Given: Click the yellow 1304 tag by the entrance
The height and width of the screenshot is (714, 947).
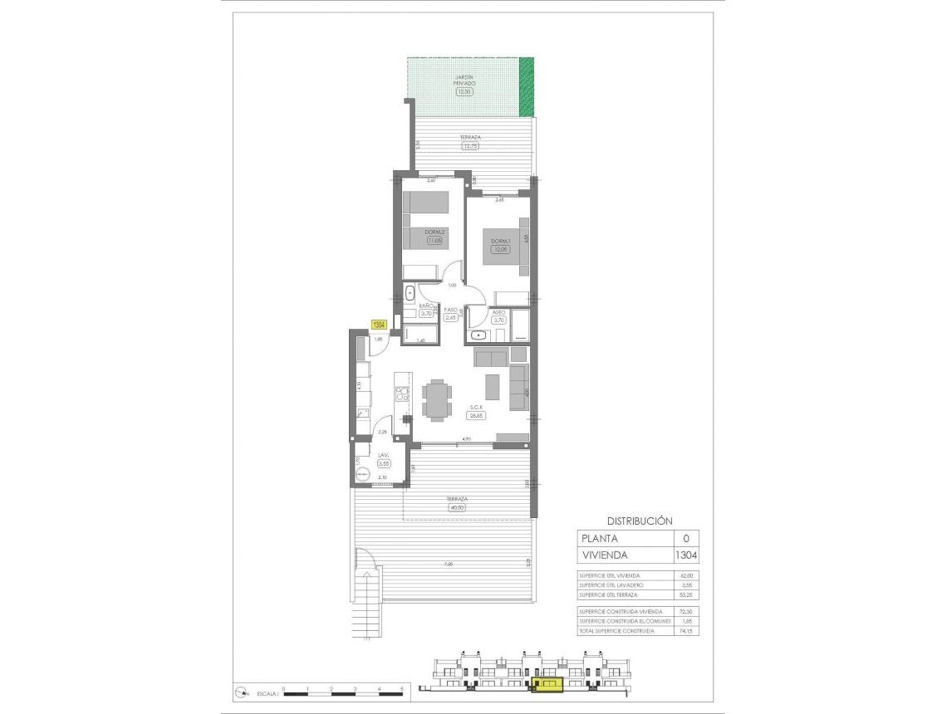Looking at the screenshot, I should pyautogui.click(x=380, y=325).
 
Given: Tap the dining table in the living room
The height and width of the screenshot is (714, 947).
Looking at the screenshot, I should pyautogui.click(x=437, y=398).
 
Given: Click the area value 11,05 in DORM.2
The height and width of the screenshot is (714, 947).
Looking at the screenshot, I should pyautogui.click(x=434, y=241).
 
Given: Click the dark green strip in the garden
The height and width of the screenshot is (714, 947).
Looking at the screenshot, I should pyautogui.click(x=526, y=87).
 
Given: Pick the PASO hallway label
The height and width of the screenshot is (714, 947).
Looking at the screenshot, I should pyautogui.click(x=451, y=309).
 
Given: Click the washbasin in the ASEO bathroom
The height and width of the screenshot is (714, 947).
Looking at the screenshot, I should pyautogui.click(x=479, y=335).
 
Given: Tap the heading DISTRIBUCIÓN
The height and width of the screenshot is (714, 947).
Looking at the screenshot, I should pyautogui.click(x=639, y=521).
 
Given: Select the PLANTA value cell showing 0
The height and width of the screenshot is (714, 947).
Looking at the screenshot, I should pyautogui.click(x=685, y=538).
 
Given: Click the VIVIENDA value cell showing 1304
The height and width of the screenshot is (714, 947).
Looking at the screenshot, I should pyautogui.click(x=685, y=555).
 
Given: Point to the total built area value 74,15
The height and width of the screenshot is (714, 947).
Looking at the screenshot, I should pyautogui.click(x=685, y=631).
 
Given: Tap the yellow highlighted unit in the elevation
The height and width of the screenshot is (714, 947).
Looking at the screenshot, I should pyautogui.click(x=547, y=684).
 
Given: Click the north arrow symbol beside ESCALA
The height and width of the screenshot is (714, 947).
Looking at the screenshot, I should pyautogui.click(x=242, y=691).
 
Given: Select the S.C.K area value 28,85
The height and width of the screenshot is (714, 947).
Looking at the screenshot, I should pyautogui.click(x=477, y=415).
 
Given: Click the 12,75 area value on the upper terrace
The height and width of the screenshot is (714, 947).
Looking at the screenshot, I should pyautogui.click(x=471, y=146).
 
